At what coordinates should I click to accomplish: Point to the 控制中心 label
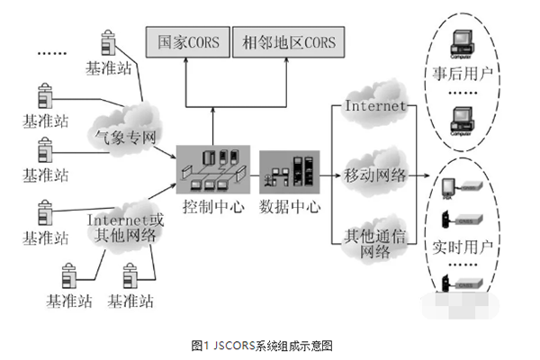coord(210,204)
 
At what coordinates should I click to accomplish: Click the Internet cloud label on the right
coord(374,107)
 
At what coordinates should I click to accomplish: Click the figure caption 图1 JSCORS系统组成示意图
coord(269,345)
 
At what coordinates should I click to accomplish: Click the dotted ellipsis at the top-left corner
coord(52,52)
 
